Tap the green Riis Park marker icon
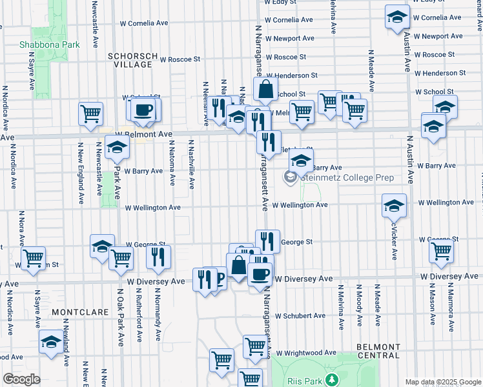click(x=332, y=379)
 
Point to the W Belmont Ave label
click(x=143, y=134)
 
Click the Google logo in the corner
click(x=22, y=379)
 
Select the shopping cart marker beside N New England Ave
click(x=90, y=114)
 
